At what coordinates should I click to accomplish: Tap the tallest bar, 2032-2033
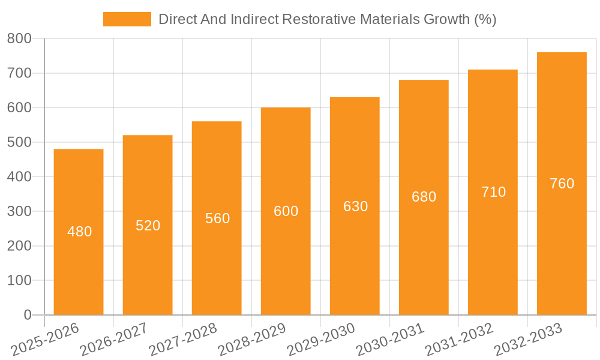(x=562, y=240)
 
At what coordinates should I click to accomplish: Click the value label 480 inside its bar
(x=80, y=232)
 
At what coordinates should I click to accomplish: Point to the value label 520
(x=148, y=226)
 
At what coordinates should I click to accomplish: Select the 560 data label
(x=217, y=218)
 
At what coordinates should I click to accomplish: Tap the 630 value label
(x=355, y=206)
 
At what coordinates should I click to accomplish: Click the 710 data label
(x=493, y=192)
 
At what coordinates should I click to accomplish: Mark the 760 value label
(x=562, y=184)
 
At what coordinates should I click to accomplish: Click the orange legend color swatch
(x=127, y=19)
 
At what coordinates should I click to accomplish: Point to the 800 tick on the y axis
(x=19, y=38)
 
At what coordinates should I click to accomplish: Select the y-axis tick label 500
(x=19, y=142)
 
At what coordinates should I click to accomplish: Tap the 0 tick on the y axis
(x=28, y=315)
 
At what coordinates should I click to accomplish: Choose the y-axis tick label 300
(x=19, y=211)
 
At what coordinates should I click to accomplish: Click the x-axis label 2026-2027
(x=114, y=339)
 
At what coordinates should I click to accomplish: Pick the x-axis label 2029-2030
(x=321, y=339)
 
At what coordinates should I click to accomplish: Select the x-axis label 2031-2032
(x=459, y=339)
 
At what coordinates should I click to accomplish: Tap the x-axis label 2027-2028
(x=183, y=339)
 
